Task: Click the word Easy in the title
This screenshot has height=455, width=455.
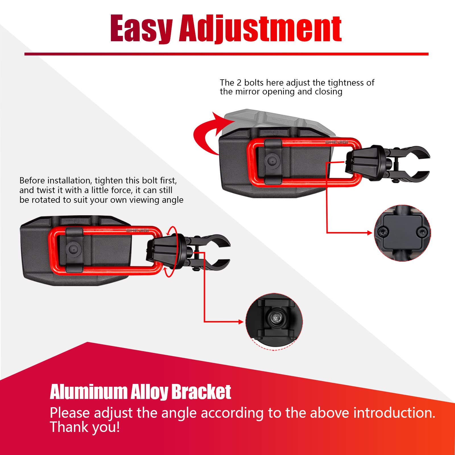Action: [x=141, y=28]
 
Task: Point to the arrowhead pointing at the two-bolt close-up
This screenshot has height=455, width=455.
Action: [x=369, y=233]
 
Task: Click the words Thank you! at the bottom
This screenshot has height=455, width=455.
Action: [x=85, y=427]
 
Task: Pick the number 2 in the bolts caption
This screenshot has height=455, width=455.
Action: [x=239, y=83]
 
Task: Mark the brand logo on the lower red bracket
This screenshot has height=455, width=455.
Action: [x=137, y=231]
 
